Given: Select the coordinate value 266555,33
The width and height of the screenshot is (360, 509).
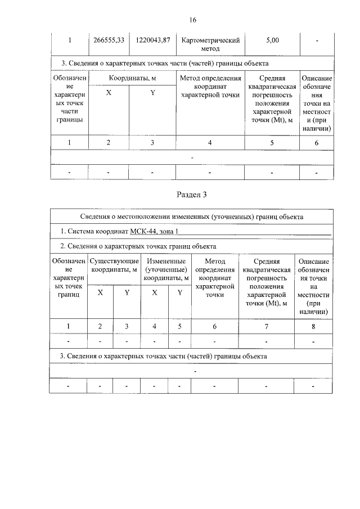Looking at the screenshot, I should click(109, 40).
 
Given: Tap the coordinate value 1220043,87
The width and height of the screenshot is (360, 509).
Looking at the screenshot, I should click(153, 40).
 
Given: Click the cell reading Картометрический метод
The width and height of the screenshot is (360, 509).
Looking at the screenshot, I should click(210, 44).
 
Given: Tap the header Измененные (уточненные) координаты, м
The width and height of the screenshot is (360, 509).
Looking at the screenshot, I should click(166, 269).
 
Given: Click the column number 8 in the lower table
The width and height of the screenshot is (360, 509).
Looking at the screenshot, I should click(313, 326).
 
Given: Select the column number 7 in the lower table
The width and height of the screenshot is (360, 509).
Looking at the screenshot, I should click(266, 326).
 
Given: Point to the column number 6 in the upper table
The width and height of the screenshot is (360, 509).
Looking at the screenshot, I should click(316, 143).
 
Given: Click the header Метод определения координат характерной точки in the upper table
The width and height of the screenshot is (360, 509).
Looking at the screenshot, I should click(210, 87).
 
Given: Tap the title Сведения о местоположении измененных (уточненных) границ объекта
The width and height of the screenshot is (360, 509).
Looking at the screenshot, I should click(191, 216).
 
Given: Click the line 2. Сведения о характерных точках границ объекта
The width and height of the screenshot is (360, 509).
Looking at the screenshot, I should click(138, 246).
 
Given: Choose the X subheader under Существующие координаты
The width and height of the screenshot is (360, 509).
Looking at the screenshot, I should click(100, 292).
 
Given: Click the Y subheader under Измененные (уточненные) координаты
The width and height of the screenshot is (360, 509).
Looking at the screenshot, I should click(179, 292).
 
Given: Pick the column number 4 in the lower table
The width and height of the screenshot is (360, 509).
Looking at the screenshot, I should click(154, 326).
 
